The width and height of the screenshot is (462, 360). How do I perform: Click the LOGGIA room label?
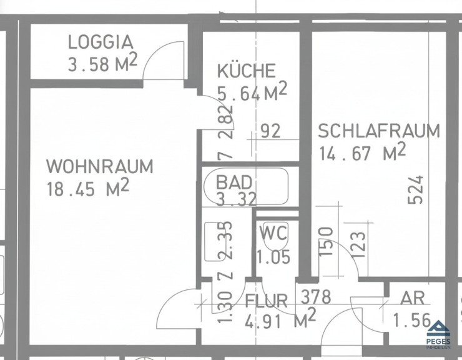coord(101,42)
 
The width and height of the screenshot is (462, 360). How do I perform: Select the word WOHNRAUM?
coord(100,166)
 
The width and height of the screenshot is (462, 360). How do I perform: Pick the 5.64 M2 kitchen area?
coord(252,91)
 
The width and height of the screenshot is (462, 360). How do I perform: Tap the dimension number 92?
coord(271,131)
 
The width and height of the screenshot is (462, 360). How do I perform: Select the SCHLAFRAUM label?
coord(379,131)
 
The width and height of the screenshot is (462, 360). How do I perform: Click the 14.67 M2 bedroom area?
coord(363,151)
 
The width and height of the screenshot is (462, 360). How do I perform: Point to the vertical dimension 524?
coord(415,190)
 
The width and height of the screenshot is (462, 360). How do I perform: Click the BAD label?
coord(234,182)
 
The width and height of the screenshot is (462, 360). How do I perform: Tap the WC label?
coord(273,232)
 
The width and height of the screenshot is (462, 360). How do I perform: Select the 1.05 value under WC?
coord(273,256)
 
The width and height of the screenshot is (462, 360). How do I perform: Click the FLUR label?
coord(267,301)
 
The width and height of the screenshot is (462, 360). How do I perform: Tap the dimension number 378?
coord(316,297)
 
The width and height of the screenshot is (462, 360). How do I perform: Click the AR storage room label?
coord(413,298)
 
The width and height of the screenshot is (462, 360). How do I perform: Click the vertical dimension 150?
coord(326,242)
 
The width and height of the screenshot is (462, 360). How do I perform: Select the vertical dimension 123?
coord(358,244)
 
